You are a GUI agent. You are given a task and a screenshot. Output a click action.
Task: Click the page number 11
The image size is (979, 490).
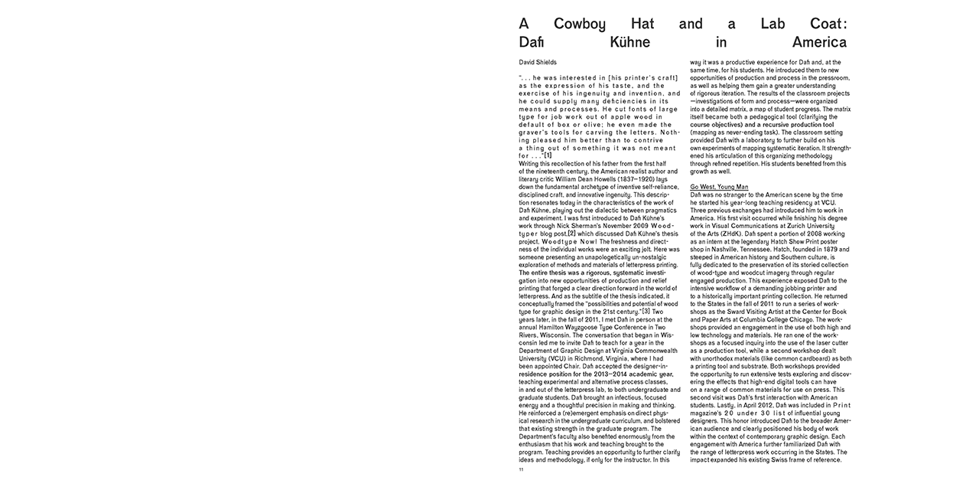[521, 469]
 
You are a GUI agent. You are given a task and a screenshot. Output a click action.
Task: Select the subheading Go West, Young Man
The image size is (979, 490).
[719, 187]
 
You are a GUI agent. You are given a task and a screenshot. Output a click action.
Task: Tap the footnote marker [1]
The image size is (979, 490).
[548, 156]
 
